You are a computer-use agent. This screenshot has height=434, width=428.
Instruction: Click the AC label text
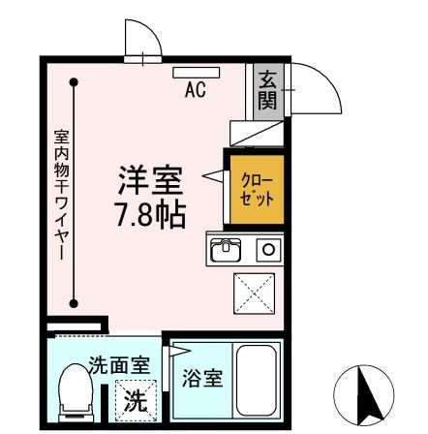tap(195, 91)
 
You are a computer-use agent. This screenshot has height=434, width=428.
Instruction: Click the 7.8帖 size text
tap(152, 213)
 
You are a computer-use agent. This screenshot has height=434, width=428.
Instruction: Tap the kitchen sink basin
tap(226, 250)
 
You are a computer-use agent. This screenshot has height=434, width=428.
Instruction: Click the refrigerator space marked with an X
tap(255, 292)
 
